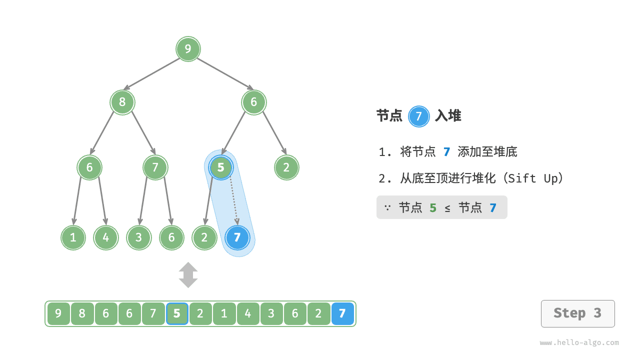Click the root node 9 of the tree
[188, 49]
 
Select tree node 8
[122, 102]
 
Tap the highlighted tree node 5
[221, 167]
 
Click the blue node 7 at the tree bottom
[237, 237]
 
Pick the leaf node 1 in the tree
[73, 237]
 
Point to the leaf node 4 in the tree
[106, 237]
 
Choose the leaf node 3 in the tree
[139, 237]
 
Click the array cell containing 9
[58, 314]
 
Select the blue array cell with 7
[342, 314]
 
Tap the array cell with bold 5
[177, 314]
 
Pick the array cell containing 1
[224, 314]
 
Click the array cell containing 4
[248, 314]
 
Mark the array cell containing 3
[271, 314]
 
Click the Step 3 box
[577, 313]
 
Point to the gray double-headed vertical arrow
[188, 275]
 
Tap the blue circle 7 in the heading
[419, 116]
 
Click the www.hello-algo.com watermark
[579, 343]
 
